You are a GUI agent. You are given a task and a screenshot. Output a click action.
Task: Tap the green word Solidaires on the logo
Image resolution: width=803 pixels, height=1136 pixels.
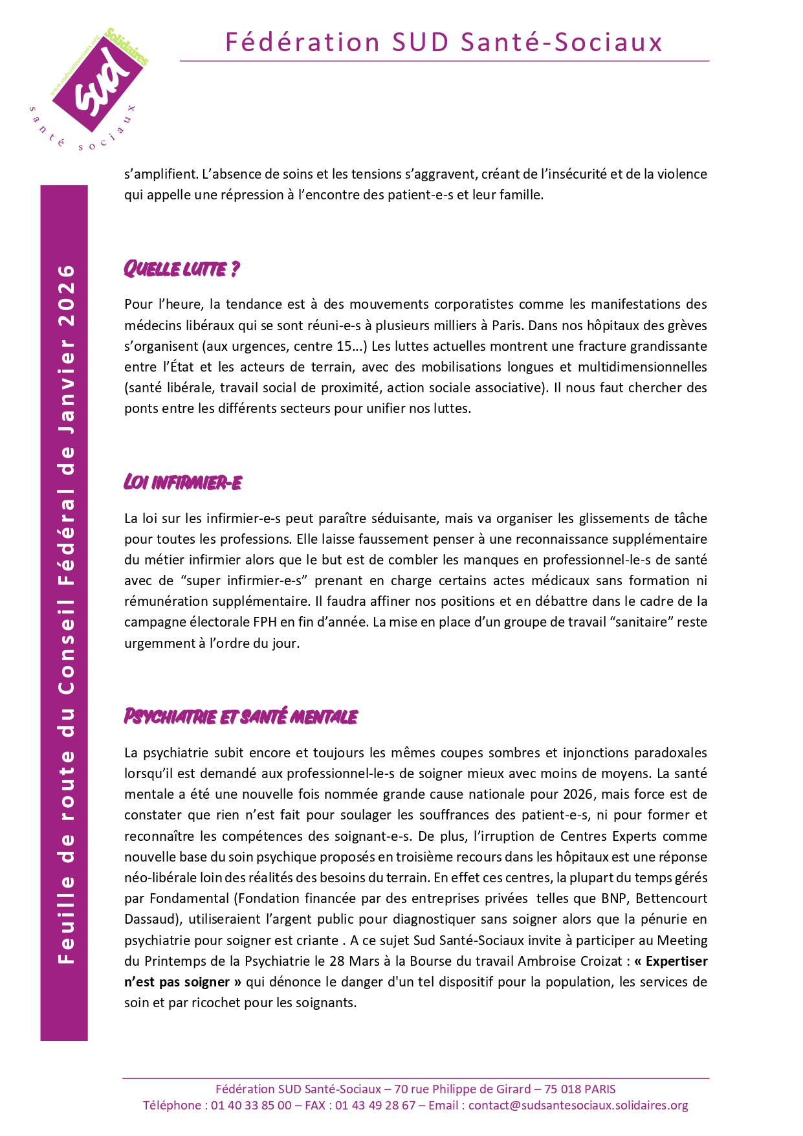click(127, 47)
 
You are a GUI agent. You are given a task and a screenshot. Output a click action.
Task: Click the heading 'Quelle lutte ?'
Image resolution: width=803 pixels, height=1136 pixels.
click(182, 269)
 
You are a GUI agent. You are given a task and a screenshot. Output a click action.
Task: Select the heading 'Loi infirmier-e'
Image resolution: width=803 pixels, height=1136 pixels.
click(183, 482)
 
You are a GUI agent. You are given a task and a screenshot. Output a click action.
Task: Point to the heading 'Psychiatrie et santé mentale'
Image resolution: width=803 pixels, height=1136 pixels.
click(241, 717)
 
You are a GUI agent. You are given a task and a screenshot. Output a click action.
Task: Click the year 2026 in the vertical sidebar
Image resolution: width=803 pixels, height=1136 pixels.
click(67, 288)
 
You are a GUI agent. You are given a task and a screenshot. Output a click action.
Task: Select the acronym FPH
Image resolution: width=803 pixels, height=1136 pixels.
click(265, 622)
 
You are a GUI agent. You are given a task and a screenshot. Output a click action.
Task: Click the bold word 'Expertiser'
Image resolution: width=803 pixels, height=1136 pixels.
click(676, 961)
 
